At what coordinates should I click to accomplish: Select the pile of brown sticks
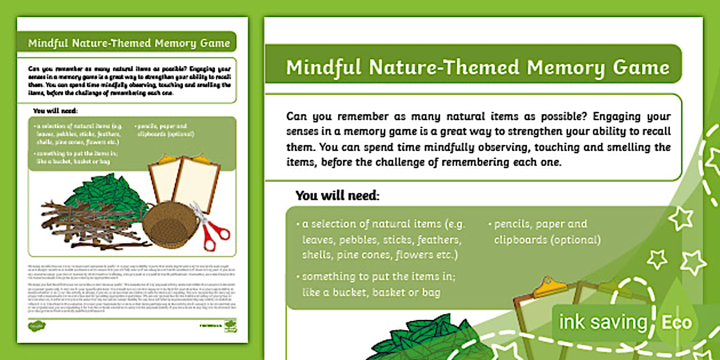click(x=86, y=223)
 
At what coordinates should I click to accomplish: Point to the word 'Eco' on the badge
click(x=677, y=323)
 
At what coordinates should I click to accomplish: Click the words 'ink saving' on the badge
click(x=602, y=323)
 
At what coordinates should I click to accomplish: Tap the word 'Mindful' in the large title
click(x=324, y=67)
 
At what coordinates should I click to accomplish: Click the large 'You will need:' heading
click(x=337, y=195)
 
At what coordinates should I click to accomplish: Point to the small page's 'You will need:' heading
click(x=55, y=111)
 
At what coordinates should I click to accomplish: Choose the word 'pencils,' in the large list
click(x=515, y=223)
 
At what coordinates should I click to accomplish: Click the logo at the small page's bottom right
click(x=230, y=325)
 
